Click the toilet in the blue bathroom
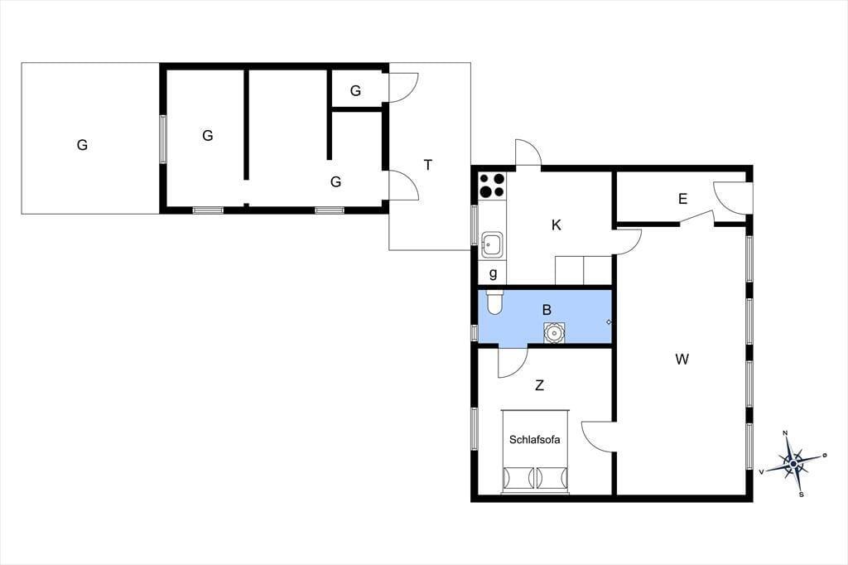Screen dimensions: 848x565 (x=495, y=302)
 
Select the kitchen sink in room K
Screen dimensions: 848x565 (x=492, y=244)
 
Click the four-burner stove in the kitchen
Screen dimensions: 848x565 (x=492, y=185)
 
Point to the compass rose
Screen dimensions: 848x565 (x=793, y=464)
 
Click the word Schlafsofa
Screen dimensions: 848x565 (x=534, y=439)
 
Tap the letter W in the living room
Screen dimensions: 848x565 (x=682, y=359)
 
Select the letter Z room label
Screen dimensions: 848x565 (x=539, y=385)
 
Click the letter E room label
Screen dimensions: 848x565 (x=682, y=199)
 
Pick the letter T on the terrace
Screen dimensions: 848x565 (x=428, y=165)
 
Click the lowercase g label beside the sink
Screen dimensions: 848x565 (x=493, y=273)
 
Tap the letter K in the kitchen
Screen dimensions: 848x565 (x=556, y=225)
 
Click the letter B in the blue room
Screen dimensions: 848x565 (x=547, y=310)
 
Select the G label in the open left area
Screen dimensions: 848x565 (x=82, y=144)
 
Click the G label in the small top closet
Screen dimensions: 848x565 (x=355, y=90)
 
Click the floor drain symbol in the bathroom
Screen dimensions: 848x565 (x=609, y=322)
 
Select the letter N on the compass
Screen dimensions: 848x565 (x=785, y=433)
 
